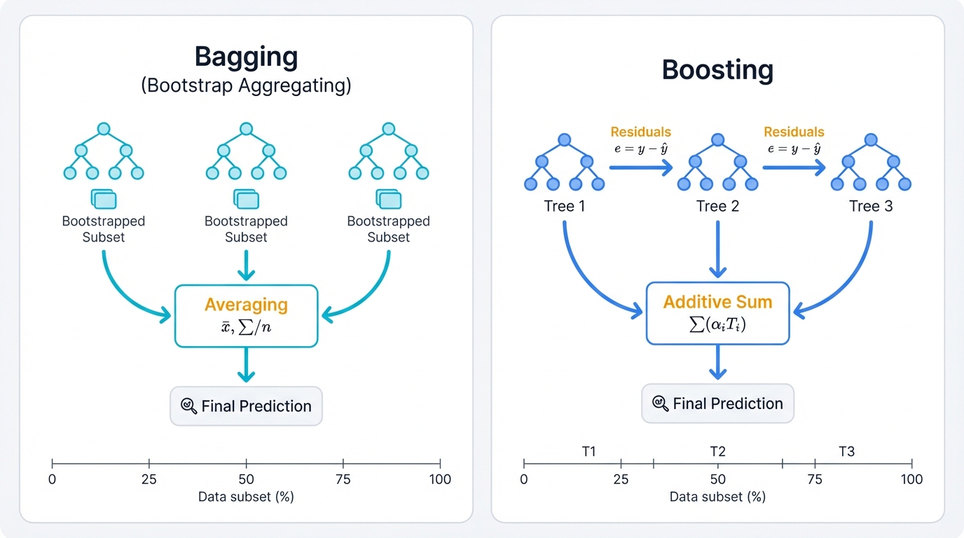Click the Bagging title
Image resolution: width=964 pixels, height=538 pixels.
pos(246,56)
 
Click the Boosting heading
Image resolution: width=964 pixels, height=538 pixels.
pos(717,69)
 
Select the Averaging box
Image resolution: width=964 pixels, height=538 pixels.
pos(246,315)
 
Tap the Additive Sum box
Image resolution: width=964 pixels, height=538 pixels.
pos(717,312)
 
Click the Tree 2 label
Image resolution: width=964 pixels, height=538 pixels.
pos(717,206)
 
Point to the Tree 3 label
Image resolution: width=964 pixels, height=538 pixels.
pos(870,206)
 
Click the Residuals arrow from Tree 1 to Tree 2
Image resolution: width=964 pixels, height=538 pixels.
pos(640,167)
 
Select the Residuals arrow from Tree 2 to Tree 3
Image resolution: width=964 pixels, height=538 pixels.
pos(793,167)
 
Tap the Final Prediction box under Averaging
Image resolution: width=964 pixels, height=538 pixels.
pos(246,406)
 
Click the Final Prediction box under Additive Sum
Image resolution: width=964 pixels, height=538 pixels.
pos(717,403)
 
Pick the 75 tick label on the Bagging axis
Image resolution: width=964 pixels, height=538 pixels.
pos(343,480)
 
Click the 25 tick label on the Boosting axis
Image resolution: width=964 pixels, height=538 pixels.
pos(621,480)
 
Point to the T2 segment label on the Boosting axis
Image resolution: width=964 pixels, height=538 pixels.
pos(717,451)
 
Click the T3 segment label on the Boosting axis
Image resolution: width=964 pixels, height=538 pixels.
pos(846,451)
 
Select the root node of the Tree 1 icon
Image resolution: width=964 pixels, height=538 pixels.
pos(564,140)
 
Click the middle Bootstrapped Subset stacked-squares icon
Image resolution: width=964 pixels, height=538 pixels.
pos(246,199)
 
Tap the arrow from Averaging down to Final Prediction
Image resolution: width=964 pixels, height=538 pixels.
pos(246,364)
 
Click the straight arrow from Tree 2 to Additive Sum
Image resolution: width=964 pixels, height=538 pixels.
pos(717,249)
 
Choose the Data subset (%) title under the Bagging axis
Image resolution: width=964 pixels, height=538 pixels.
pos(246,497)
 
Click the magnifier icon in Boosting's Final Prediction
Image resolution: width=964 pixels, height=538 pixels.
pos(660,403)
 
